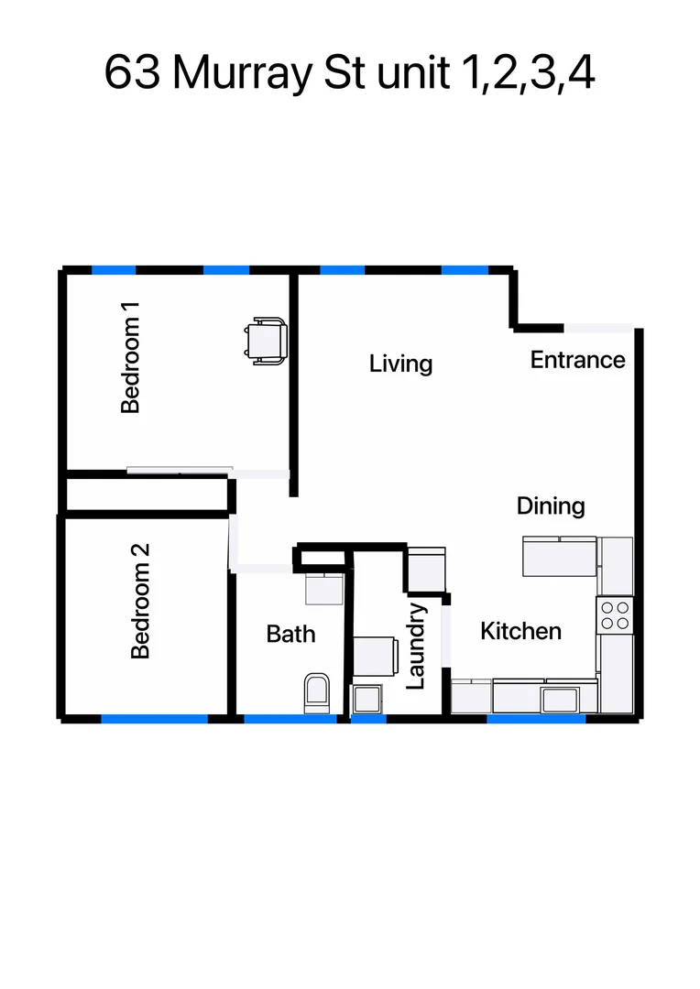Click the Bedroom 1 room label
[131, 365]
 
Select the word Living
[400, 364]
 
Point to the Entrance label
[577, 360]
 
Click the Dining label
[550, 505]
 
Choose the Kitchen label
[520, 631]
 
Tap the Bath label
[290, 634]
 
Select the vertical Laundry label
[416, 646]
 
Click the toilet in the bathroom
[316, 693]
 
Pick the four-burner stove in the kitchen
[615, 614]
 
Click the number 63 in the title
[133, 73]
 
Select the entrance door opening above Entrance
[597, 328]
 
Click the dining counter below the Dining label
[559, 557]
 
